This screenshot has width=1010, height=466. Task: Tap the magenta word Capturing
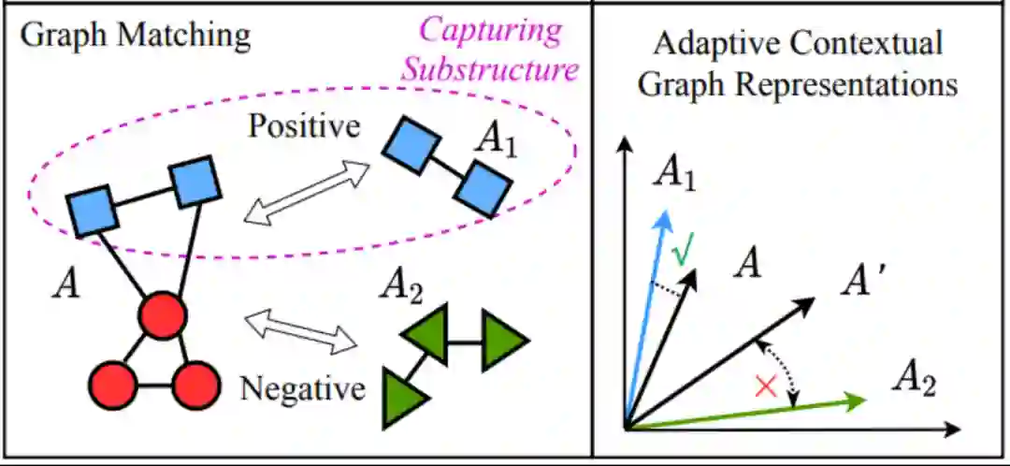tap(491, 30)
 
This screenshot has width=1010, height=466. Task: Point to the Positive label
tap(304, 125)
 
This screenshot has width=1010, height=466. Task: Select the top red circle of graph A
tap(161, 316)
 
